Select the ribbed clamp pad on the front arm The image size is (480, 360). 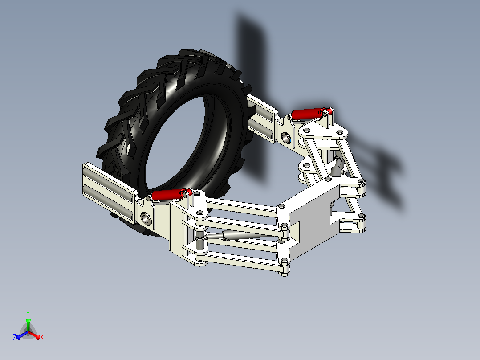109,192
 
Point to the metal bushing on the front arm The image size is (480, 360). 146,219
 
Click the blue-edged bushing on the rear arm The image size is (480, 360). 286,138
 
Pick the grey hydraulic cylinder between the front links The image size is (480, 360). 242,236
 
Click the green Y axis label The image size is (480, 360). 28,313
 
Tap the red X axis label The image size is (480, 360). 42,337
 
